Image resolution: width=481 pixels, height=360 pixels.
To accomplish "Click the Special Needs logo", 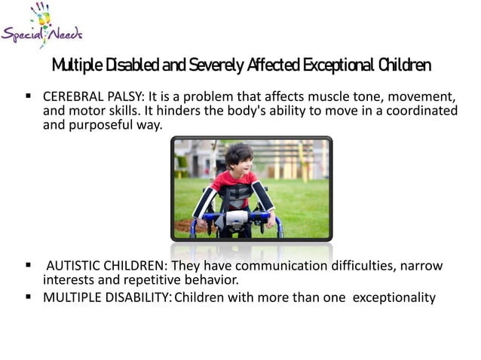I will click(41, 26).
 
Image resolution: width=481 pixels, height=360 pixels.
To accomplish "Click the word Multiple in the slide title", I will click(76, 66).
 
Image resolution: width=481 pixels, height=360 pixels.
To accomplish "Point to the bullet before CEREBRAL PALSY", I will click(29, 98).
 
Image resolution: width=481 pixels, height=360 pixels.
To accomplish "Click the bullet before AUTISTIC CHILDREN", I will click(29, 266).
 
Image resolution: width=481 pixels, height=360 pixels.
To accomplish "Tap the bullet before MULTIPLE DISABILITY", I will click(29, 297).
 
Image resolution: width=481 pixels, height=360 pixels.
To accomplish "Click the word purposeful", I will click(110, 125).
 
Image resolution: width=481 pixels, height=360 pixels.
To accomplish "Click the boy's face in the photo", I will click(240, 160).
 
